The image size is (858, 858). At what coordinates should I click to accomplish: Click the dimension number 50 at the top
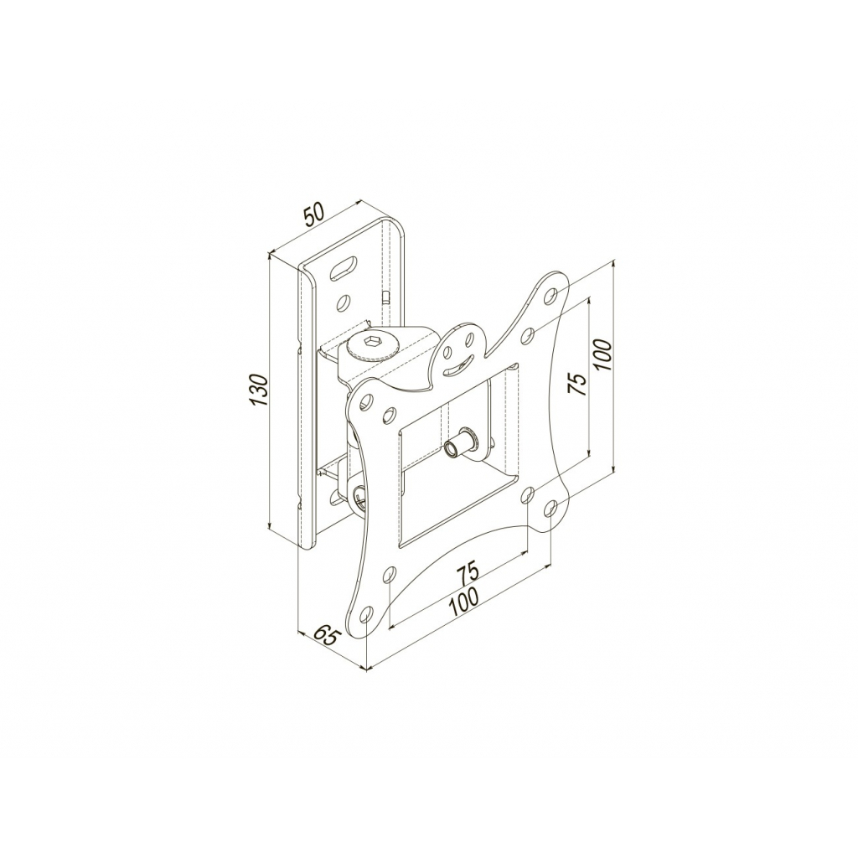click(x=315, y=214)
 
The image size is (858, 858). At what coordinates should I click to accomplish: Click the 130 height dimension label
click(x=259, y=390)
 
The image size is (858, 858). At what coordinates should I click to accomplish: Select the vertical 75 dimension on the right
click(x=577, y=384)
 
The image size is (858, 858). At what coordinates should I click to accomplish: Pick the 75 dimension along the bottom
click(x=468, y=571)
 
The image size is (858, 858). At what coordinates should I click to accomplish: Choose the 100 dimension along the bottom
click(x=463, y=602)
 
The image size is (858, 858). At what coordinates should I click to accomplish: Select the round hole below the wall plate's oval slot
click(x=344, y=301)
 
